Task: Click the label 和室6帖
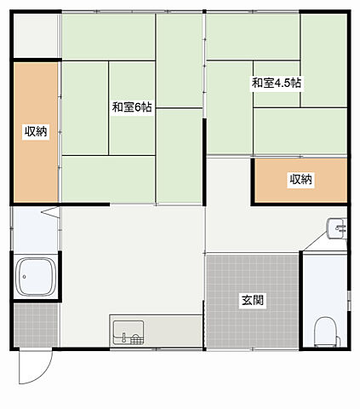click(x=132, y=108)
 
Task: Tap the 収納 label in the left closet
click(x=35, y=131)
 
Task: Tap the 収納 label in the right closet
click(x=300, y=179)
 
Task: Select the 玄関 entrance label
click(x=252, y=300)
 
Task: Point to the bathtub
click(x=36, y=276)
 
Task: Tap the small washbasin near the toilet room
click(x=336, y=228)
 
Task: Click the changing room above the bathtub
click(x=35, y=228)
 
